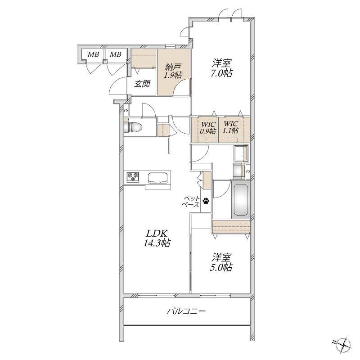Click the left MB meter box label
point(93,54)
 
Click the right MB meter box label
point(115,54)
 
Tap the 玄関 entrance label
point(142,84)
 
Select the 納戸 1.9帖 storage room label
point(173,71)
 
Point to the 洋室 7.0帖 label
point(222,68)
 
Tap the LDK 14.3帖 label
point(157,238)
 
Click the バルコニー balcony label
point(186,311)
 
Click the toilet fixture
point(132,127)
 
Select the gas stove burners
point(133,176)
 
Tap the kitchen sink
point(158,178)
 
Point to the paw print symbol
point(206,201)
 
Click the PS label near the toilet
point(126,110)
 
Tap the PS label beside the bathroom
point(248,171)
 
